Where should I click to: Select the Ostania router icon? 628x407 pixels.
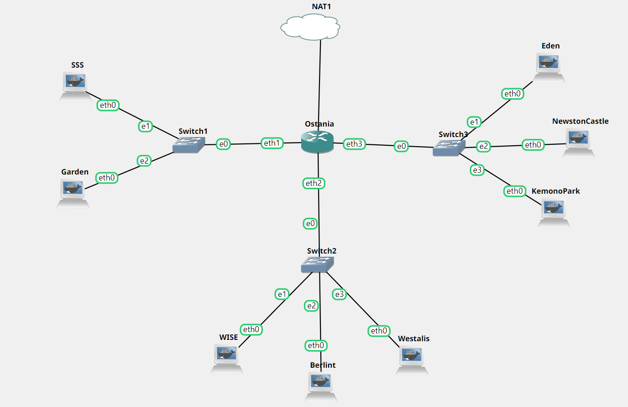coord(318,141)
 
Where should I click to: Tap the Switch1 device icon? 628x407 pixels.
coord(188,145)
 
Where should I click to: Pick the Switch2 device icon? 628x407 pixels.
coord(317,264)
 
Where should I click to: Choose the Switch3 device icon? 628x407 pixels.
coord(449,148)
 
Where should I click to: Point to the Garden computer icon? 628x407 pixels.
coord(73,192)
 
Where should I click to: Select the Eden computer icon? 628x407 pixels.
coord(549,67)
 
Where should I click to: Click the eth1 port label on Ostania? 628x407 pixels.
coord(272,143)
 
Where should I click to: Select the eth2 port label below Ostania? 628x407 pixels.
coord(314,183)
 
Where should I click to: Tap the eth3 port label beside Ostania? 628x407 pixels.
coord(354,144)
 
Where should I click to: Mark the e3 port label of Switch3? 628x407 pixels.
coord(477,170)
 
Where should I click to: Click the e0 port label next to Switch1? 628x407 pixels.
coord(224,144)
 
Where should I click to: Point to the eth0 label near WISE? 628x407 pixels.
coord(251,329)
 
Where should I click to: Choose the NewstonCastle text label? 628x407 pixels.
coord(580,121)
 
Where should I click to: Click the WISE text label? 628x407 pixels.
coord(229,337)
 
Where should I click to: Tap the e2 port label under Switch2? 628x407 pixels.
coord(311,306)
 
